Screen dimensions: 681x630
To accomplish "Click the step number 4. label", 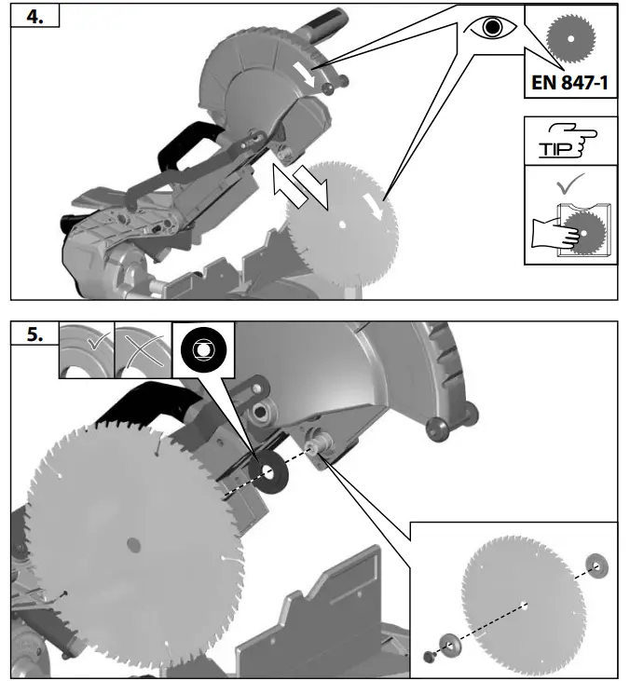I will pyautogui.click(x=34, y=20).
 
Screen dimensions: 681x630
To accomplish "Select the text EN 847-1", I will pyautogui.click(x=570, y=83).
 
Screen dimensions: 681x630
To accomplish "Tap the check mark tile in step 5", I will pyautogui.click(x=87, y=349).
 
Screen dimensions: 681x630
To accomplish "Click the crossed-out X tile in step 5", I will pyautogui.click(x=143, y=349).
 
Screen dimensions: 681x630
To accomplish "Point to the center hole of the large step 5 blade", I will pyautogui.click(x=131, y=542).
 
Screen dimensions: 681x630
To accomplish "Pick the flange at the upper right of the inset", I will pyautogui.click(x=596, y=564).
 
